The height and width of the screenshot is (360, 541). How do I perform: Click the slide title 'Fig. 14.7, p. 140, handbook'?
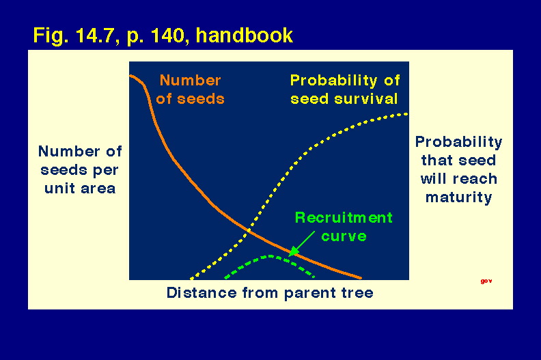[x=163, y=36]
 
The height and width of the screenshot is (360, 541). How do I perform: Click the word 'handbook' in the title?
[x=245, y=35]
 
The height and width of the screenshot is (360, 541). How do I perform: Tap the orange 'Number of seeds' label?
[x=190, y=89]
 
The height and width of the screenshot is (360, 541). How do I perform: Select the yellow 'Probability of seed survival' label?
[x=345, y=89]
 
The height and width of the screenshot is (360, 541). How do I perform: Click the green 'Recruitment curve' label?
[x=344, y=227]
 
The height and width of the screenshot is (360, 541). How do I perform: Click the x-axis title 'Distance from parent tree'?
[x=270, y=292]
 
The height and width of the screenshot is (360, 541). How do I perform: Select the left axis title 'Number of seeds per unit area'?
[x=80, y=170]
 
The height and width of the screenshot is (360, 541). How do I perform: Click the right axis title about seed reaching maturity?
[x=458, y=169]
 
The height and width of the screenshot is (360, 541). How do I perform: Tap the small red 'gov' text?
[x=486, y=281]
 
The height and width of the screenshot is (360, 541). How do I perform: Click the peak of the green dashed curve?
[x=271, y=256]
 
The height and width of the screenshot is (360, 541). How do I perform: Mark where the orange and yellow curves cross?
[x=249, y=231]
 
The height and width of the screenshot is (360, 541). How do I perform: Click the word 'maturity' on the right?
[x=458, y=198]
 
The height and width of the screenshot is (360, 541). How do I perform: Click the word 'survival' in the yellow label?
[x=365, y=99]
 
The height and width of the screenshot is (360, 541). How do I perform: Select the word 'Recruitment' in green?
[x=344, y=217]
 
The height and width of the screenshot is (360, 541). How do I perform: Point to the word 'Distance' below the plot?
[x=202, y=292]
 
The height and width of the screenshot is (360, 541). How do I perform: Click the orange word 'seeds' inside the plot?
[x=200, y=99]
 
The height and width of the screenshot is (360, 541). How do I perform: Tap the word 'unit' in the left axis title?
[x=59, y=189]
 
